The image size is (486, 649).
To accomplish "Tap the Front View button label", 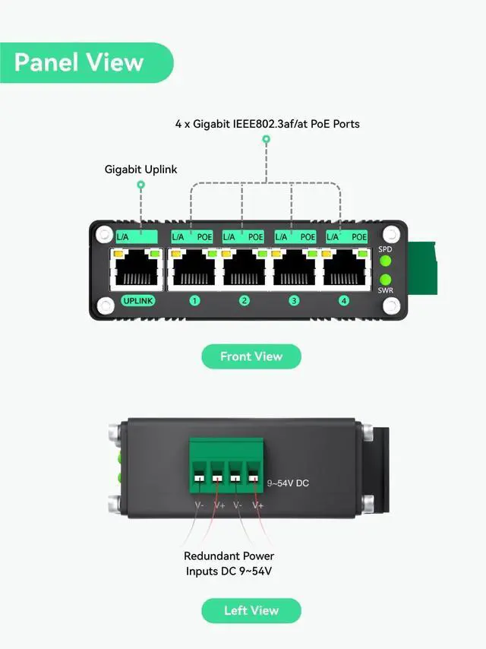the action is (251, 356).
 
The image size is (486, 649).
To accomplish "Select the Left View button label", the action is (251, 610).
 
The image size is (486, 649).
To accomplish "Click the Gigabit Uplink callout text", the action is (140, 169).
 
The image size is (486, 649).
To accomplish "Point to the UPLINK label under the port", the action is (138, 301).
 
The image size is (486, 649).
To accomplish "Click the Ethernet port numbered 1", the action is (194, 268).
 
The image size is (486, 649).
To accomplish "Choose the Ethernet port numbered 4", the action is (344, 268).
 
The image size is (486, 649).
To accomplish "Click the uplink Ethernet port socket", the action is (138, 268).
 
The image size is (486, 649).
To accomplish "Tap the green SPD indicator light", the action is (385, 261).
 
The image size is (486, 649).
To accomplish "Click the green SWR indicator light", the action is (385, 280).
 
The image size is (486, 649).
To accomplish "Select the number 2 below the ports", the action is (245, 301).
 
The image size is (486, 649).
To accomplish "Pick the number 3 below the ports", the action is (294, 301).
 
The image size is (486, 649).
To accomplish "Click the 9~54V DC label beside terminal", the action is (288, 483).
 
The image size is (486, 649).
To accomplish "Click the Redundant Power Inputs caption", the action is (229, 563).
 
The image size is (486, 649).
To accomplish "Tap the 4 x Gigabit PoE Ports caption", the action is (267, 123).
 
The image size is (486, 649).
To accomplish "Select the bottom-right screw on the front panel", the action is (390, 306).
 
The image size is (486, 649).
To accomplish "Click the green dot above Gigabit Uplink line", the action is (140, 185).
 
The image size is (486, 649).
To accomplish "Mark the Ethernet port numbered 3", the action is (294, 268).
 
